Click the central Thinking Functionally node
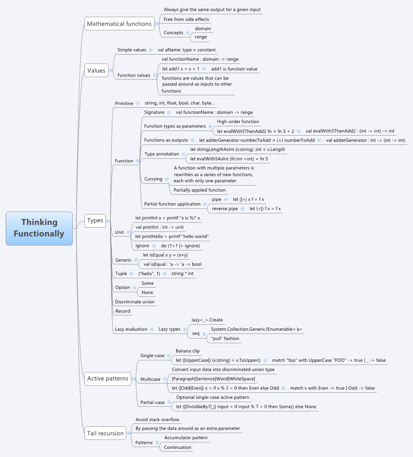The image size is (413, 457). click(39, 228)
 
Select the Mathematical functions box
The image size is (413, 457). click(119, 24)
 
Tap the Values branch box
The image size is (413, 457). click(96, 71)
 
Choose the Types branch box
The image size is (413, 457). click(95, 220)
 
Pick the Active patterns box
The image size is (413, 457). click(108, 379)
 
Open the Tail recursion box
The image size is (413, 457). click(105, 433)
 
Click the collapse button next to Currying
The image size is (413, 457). click(167, 179)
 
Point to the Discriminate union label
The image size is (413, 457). click(135, 302)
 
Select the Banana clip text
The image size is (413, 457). click(188, 351)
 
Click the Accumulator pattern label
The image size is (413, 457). click(186, 438)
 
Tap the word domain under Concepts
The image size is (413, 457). click(203, 29)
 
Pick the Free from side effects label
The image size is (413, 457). click(187, 19)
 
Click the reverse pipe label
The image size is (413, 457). click(225, 209)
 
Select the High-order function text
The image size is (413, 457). click(238, 122)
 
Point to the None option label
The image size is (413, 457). click(147, 293)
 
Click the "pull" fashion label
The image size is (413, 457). click(225, 339)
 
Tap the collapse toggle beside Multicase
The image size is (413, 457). click(165, 379)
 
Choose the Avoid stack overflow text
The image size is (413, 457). click(157, 420)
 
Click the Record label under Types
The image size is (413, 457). click(123, 311)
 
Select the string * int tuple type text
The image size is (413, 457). click(183, 274)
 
